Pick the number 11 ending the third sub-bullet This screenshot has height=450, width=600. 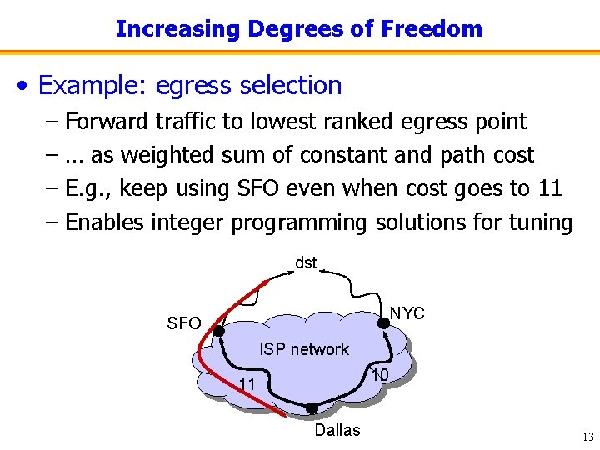pyautogui.click(x=550, y=188)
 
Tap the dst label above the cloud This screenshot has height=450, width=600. pyautogui.click(x=306, y=263)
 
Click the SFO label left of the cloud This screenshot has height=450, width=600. pyautogui.click(x=184, y=323)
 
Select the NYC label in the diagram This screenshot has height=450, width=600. pyautogui.click(x=407, y=313)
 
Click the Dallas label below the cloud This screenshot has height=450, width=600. pyautogui.click(x=337, y=430)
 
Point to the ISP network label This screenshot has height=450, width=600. pyautogui.click(x=304, y=349)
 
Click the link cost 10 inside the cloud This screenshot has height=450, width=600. pyautogui.click(x=380, y=375)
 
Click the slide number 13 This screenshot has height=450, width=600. pyautogui.click(x=587, y=437)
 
